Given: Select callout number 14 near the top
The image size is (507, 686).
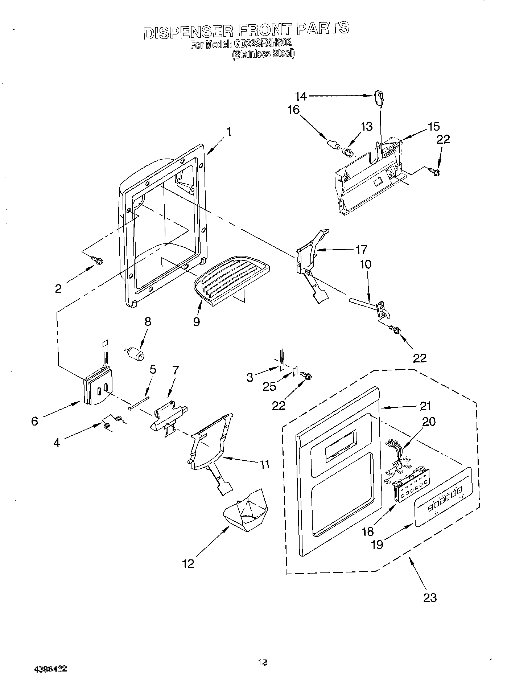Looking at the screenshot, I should pos(301,96).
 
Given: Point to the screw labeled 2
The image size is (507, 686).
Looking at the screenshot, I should pos(98,260).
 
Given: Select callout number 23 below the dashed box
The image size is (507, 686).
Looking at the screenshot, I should pos(430,597).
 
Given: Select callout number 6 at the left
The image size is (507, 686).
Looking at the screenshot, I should pos(34,421).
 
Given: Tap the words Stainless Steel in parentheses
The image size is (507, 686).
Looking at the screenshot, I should pos(263,54).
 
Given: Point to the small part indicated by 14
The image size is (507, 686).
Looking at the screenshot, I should pos(379,98).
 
